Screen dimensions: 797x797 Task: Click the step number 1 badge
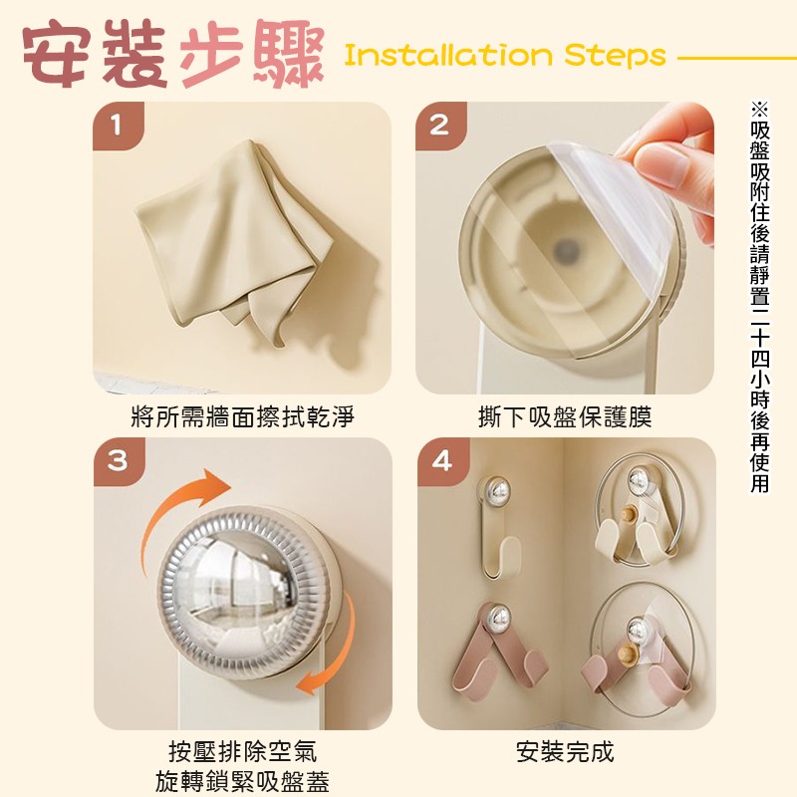pyautogui.click(x=118, y=127)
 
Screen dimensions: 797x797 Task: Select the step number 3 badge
pyautogui.click(x=118, y=462)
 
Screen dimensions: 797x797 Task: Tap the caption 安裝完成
pyautogui.click(x=565, y=752)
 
